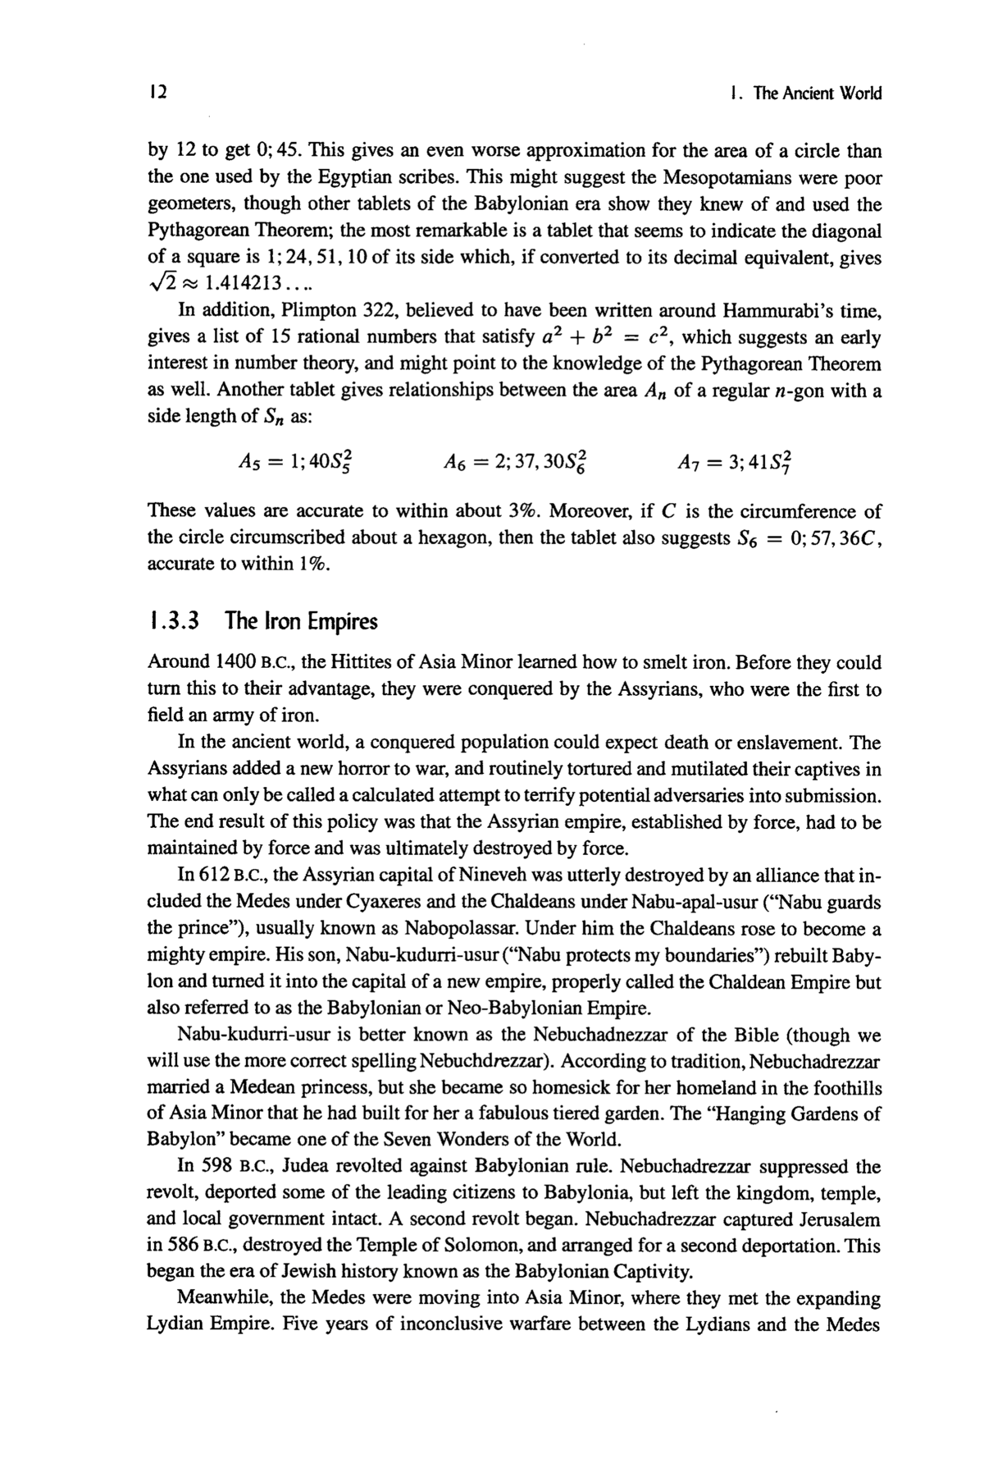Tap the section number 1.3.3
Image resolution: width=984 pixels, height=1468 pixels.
(173, 621)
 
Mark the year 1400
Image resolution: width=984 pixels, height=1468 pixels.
(237, 662)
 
